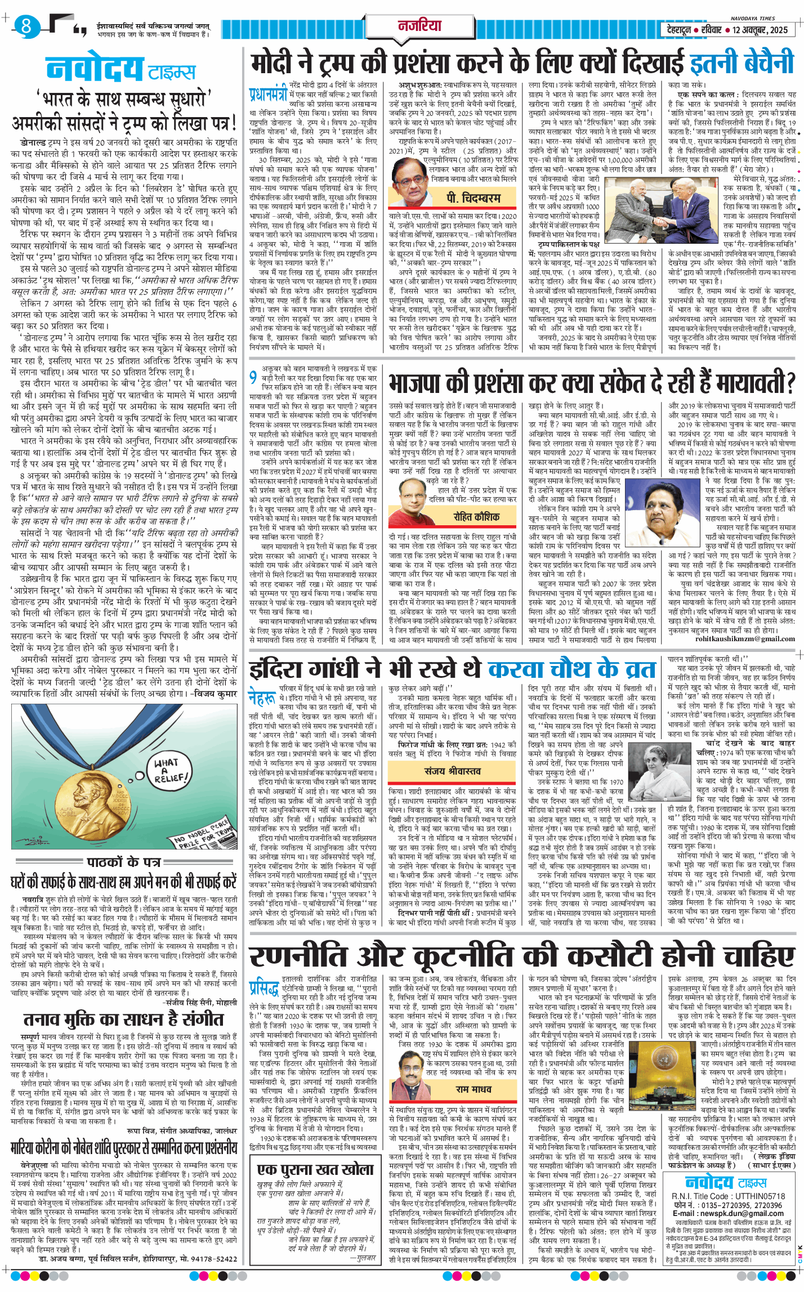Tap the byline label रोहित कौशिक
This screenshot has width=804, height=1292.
point(476,516)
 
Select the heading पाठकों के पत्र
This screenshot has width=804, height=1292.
point(123,862)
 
